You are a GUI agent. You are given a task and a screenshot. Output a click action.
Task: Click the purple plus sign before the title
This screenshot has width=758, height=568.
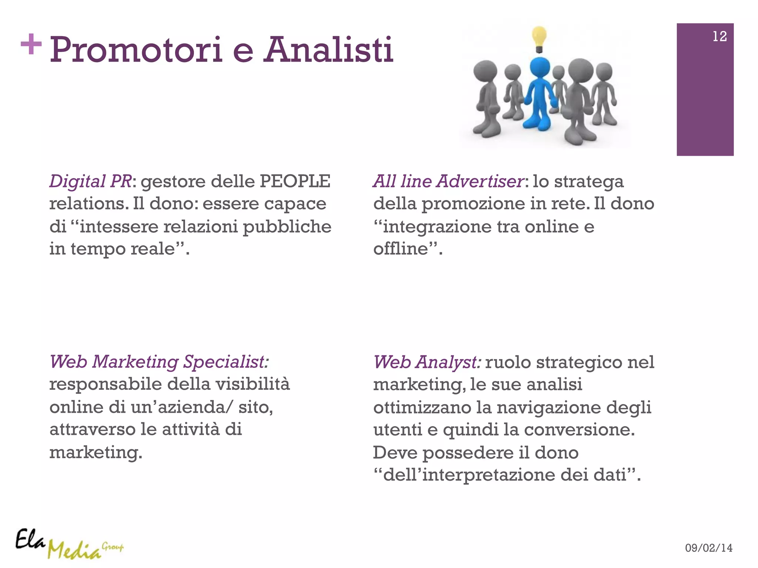(31, 44)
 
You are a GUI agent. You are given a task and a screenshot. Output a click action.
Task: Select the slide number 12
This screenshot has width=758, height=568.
(720, 36)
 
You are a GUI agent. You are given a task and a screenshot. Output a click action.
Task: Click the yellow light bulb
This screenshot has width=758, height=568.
(539, 39)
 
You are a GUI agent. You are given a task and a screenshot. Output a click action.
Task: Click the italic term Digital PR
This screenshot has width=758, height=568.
(90, 181)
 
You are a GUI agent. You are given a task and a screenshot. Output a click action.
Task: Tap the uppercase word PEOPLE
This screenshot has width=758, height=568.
(295, 181)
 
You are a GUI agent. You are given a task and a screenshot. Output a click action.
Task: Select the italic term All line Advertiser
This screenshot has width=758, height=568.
(448, 181)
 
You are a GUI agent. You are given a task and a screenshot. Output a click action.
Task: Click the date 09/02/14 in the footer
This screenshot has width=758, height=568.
(708, 548)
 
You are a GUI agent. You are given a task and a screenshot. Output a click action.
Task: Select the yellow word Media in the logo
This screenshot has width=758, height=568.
(74, 550)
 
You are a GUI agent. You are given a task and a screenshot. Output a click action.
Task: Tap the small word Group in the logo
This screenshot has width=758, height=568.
(113, 547)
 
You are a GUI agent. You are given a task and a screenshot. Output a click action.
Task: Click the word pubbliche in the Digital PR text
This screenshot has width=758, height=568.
(287, 227)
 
